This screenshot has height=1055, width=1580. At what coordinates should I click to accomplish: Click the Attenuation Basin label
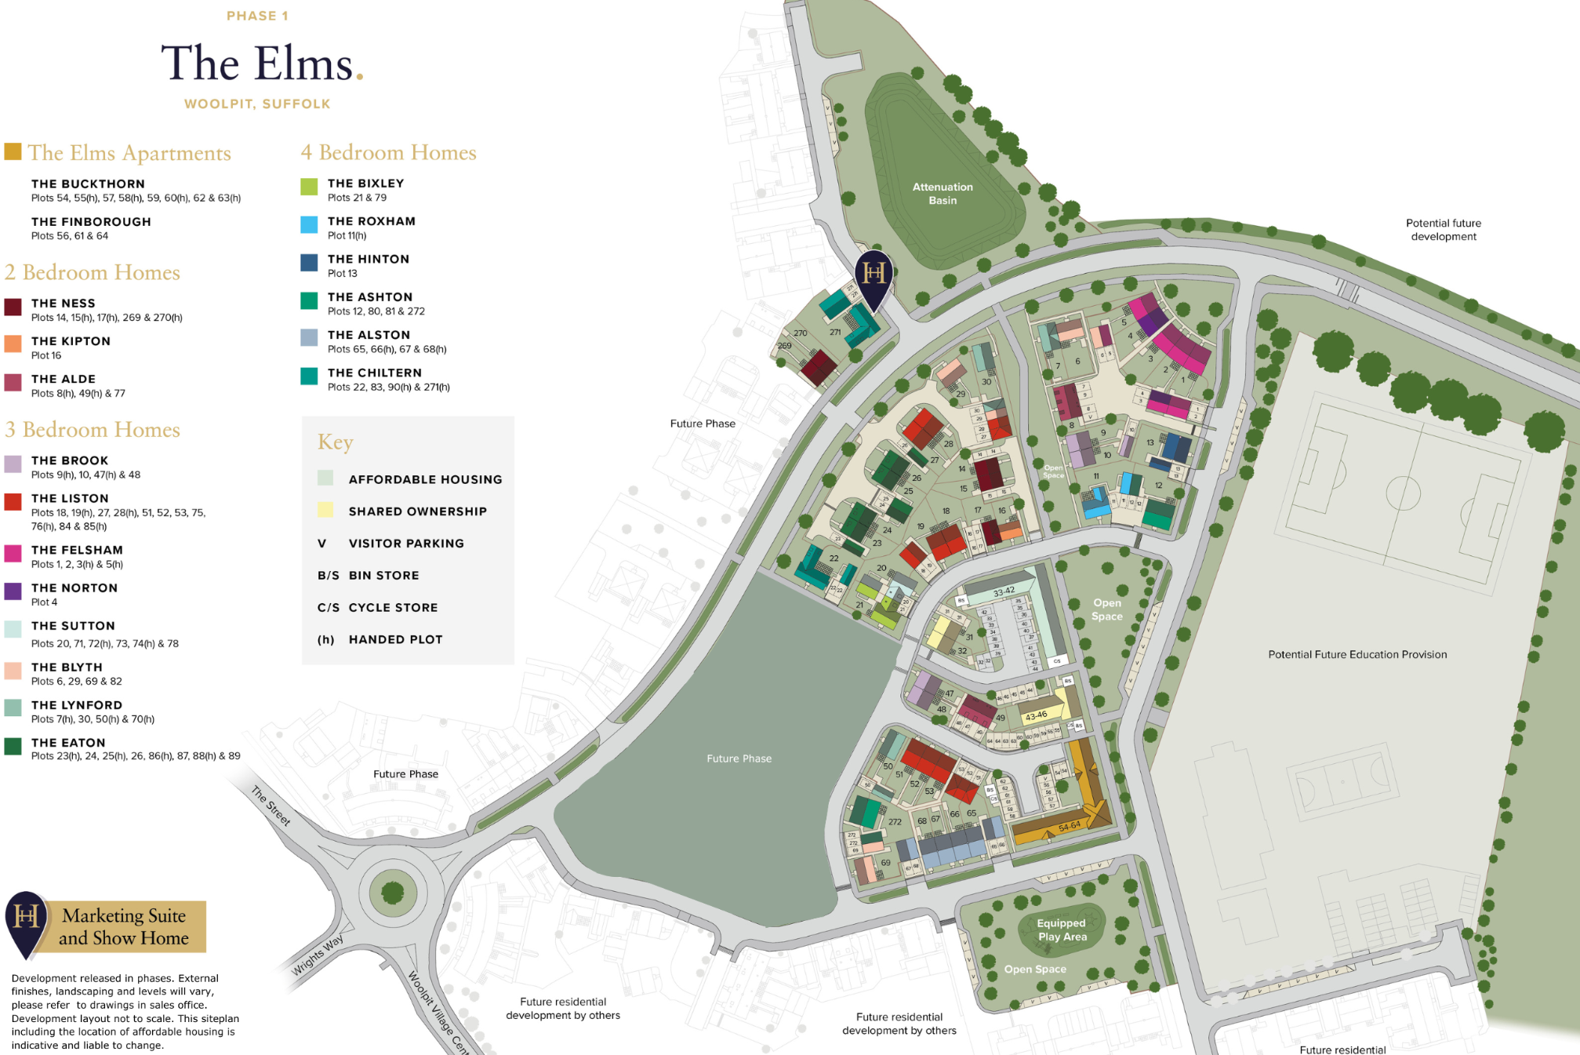[943, 193]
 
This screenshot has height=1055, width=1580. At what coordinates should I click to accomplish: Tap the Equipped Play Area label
[1062, 929]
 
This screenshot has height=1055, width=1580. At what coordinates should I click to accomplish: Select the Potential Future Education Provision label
[1357, 654]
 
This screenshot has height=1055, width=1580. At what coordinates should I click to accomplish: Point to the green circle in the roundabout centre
[392, 892]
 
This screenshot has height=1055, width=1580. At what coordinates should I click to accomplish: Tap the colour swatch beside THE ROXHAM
[309, 225]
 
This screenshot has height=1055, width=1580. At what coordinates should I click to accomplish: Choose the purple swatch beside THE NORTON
[13, 591]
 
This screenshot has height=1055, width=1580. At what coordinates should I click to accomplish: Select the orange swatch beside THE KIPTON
[13, 344]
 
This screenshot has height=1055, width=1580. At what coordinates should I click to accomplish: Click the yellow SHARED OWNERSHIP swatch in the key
[325, 510]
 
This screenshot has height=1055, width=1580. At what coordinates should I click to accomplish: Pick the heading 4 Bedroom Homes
[388, 152]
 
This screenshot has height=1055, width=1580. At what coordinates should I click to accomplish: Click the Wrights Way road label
[318, 955]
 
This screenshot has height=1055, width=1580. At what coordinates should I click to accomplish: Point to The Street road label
[271, 805]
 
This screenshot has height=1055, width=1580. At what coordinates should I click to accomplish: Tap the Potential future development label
[1443, 230]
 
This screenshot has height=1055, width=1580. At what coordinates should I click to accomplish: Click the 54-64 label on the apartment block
[1069, 826]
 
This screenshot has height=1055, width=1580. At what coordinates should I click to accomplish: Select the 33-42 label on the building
[1004, 591]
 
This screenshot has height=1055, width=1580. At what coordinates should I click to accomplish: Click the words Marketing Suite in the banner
[124, 915]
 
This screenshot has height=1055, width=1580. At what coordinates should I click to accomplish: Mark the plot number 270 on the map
[800, 333]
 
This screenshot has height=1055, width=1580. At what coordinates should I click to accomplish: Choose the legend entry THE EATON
[68, 743]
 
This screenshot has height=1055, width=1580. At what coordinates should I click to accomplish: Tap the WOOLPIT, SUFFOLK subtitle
[257, 104]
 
